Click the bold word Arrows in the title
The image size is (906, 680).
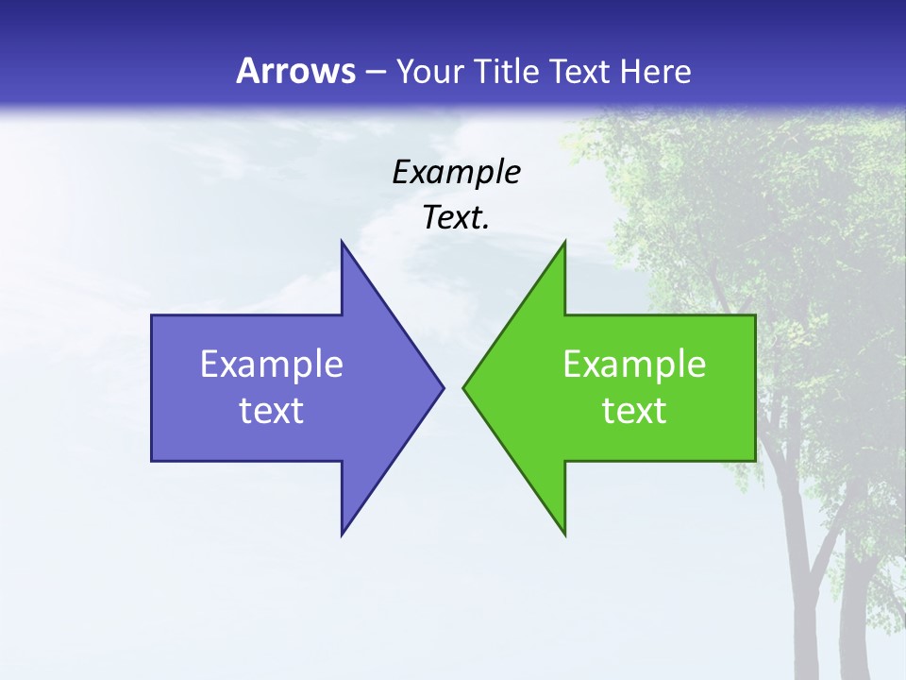pos(295,71)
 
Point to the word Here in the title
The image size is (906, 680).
pos(655,71)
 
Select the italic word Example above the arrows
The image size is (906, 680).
pos(456,172)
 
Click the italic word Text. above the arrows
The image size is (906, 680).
pos(456,217)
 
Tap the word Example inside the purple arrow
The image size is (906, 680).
pos(272,365)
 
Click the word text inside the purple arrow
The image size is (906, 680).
pos(272,411)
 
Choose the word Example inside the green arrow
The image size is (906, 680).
pos(634,365)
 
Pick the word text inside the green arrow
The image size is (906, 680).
pos(634,411)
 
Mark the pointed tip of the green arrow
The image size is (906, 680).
pos(464,387)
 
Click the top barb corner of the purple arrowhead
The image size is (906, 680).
pos(342,242)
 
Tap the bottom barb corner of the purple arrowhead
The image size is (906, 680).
pos(342,535)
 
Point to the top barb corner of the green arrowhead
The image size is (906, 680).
pos(564,242)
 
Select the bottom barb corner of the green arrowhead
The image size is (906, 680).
pos(564,535)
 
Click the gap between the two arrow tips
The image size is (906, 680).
pos(453,387)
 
